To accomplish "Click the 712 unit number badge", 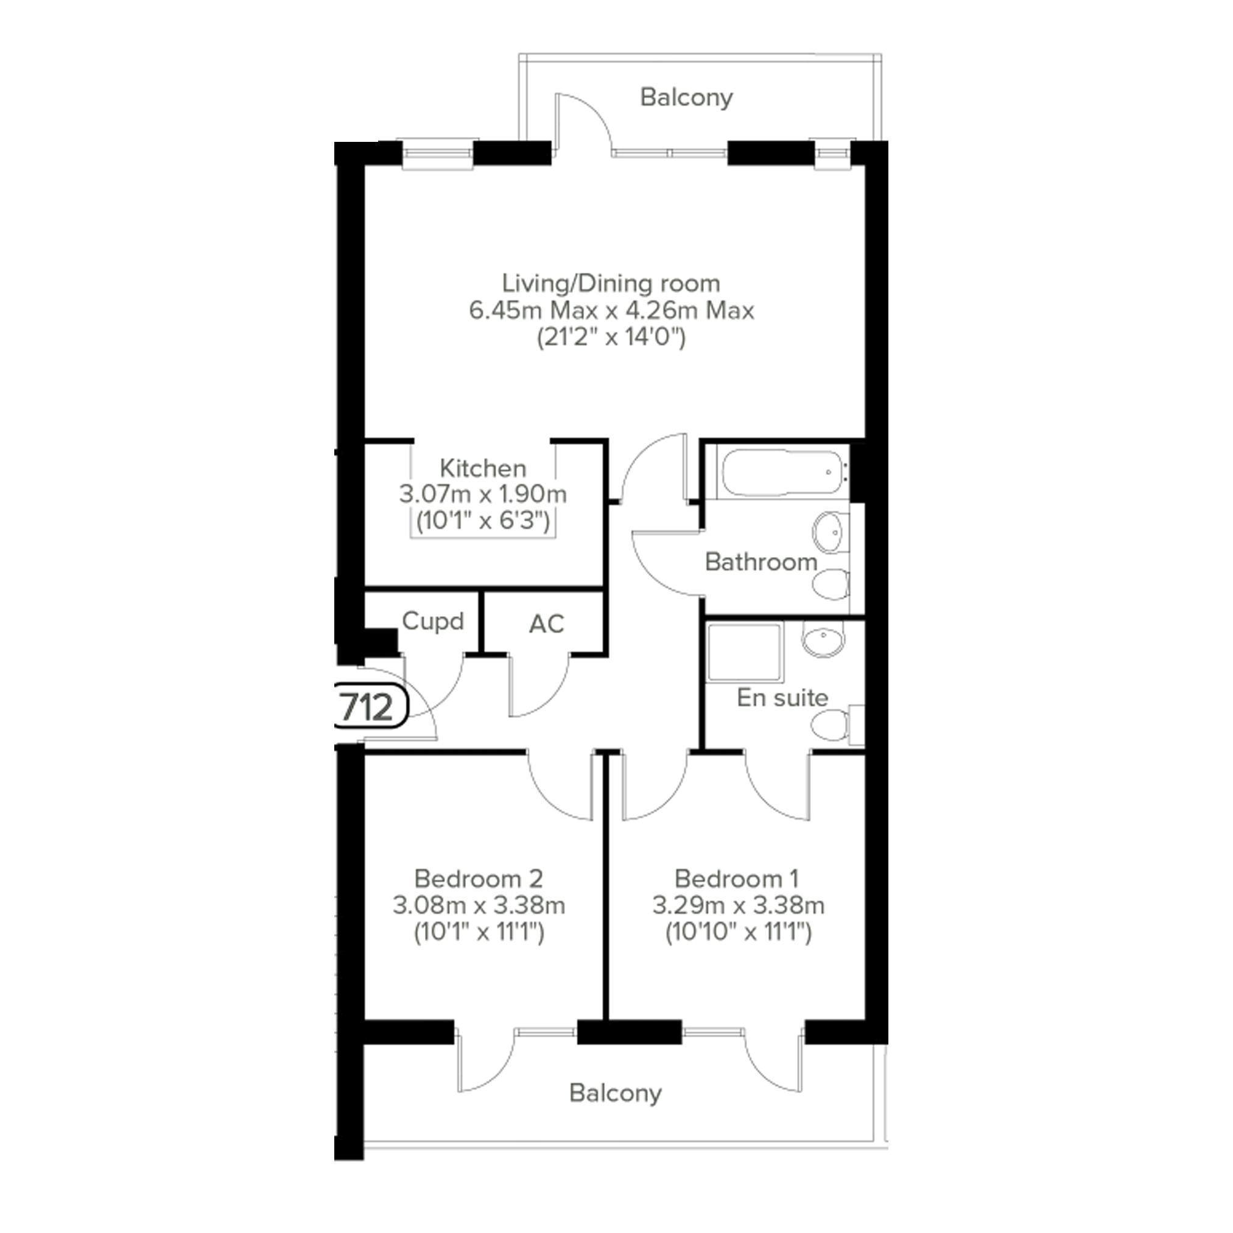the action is (371, 706).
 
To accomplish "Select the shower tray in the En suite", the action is (745, 652).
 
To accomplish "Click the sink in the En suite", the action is (823, 638).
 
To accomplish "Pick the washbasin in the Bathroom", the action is (831, 531).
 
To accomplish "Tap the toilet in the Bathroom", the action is (831, 584).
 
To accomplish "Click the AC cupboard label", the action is (546, 624).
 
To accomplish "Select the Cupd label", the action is (433, 621).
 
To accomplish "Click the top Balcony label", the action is (686, 97).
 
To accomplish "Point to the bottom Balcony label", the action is (615, 1093).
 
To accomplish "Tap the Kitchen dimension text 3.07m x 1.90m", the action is (482, 494).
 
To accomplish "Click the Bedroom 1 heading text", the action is (737, 879).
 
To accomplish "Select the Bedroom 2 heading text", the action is (479, 879).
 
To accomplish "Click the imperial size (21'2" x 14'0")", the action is (611, 337).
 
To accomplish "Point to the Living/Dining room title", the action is (611, 283).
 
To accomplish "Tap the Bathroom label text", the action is (761, 562).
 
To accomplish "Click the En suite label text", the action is (782, 698).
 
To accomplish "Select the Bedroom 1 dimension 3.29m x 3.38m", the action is (739, 905).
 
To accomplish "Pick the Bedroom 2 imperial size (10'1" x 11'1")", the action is (479, 933).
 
